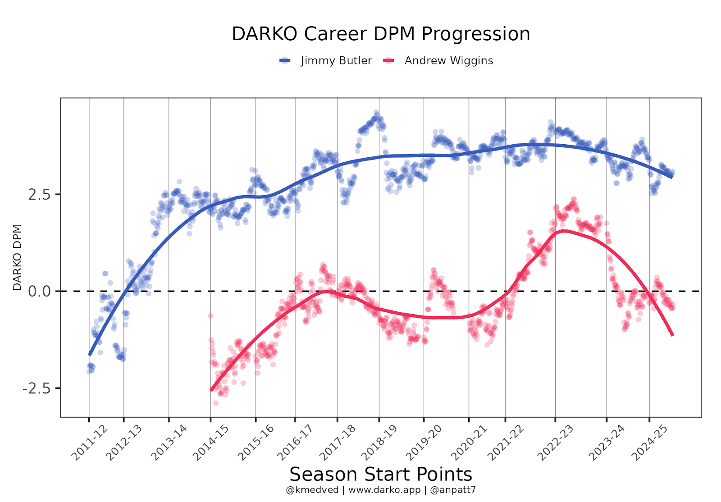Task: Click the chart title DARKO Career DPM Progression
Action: (381, 34)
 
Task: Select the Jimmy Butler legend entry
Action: (336, 61)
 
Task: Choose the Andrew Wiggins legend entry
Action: (448, 61)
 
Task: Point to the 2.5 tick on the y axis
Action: (39, 195)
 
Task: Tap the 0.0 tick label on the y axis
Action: (39, 292)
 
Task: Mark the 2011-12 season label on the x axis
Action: (90, 443)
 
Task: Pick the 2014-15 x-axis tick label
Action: (211, 443)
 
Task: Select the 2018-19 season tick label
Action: (379, 443)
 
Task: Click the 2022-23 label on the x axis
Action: (556, 443)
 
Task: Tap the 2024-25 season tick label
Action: (649, 443)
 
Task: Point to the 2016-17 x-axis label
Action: (295, 443)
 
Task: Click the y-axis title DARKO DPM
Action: (17, 258)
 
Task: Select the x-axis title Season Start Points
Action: (381, 475)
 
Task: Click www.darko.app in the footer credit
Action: (384, 490)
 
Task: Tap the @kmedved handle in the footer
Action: (312, 490)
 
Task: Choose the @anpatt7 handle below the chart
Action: (453, 490)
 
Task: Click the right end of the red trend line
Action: (672, 334)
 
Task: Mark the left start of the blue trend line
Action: (89, 355)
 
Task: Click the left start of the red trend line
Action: (211, 390)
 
